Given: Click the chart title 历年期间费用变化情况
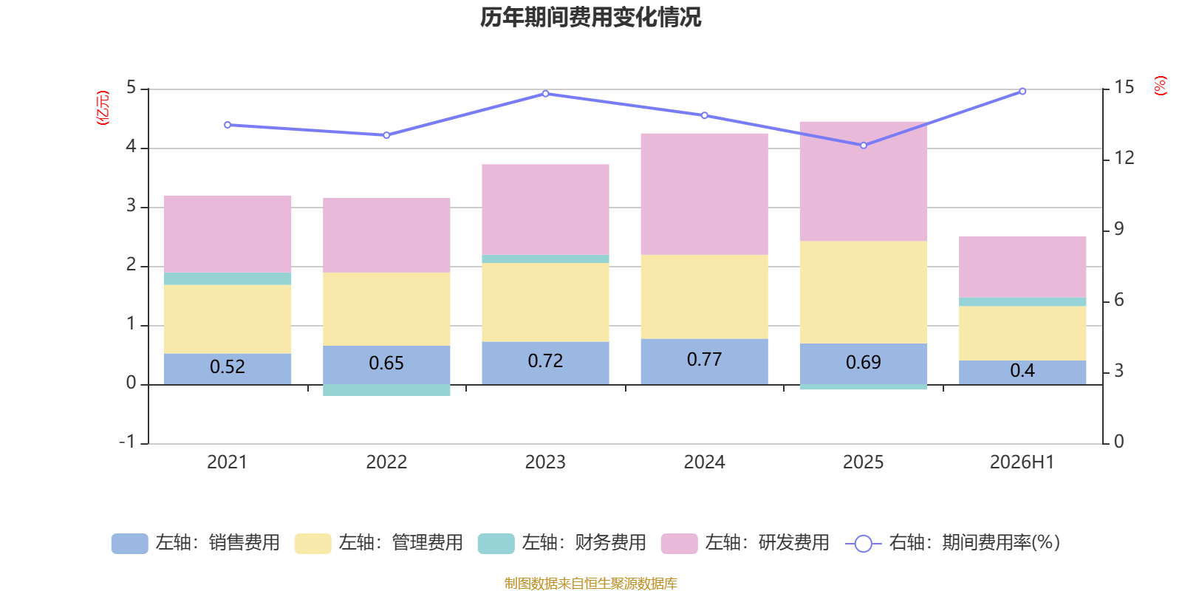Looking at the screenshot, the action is pyautogui.click(x=590, y=18).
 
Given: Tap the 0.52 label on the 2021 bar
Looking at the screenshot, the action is pyautogui.click(x=228, y=366).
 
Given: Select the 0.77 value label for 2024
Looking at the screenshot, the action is pyautogui.click(x=705, y=359).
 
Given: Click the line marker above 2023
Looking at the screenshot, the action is pyautogui.click(x=546, y=94).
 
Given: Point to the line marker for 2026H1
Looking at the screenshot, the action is pyautogui.click(x=1022, y=92).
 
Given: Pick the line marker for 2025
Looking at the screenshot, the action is pyautogui.click(x=864, y=146).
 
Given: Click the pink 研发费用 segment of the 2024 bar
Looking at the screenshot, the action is pyautogui.click(x=705, y=194).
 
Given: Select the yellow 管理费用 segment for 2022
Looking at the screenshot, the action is pyautogui.click(x=386, y=310).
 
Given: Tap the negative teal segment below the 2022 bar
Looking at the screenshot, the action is pyautogui.click(x=386, y=390).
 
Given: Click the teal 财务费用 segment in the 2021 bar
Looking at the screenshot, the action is pyautogui.click(x=228, y=279).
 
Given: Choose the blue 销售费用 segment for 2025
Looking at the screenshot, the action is pyautogui.click(x=864, y=364).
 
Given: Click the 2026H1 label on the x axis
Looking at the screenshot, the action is pyautogui.click(x=1022, y=462).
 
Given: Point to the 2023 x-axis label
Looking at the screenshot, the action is pyautogui.click(x=545, y=462).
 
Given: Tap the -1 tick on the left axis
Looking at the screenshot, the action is pyautogui.click(x=127, y=442).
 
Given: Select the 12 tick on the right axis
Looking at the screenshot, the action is pyautogui.click(x=1124, y=158).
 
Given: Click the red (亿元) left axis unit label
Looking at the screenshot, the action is pyautogui.click(x=103, y=108).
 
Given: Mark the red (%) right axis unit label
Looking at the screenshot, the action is pyautogui.click(x=1160, y=86).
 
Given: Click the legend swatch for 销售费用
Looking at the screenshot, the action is pyautogui.click(x=130, y=544).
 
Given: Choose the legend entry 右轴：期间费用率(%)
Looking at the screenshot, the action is pyautogui.click(x=952, y=543).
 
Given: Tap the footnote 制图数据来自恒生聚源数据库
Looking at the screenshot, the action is pyautogui.click(x=590, y=583).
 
